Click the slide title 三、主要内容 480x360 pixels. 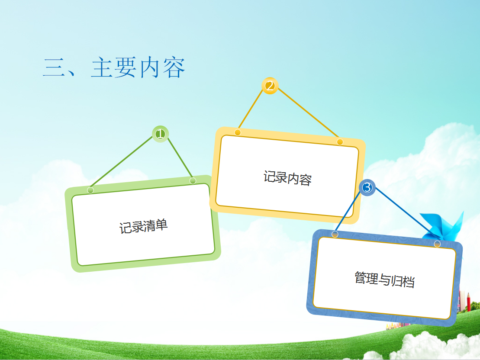(114, 67)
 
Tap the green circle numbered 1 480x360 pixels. (160, 134)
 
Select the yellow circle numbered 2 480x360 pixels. (270, 86)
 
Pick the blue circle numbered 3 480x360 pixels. (367, 188)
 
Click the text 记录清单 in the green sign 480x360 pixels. (143, 226)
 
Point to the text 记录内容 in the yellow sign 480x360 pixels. (287, 178)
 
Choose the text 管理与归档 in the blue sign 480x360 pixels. (384, 279)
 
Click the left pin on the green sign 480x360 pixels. (90, 190)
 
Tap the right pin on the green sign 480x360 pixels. (193, 180)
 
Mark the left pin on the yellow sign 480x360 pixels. (238, 132)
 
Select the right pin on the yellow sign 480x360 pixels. (340, 142)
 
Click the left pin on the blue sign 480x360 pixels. (335, 234)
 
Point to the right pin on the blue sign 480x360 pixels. (437, 244)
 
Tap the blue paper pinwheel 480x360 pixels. (444, 227)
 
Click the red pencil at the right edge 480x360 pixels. (468, 302)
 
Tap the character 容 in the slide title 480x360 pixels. (174, 67)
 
